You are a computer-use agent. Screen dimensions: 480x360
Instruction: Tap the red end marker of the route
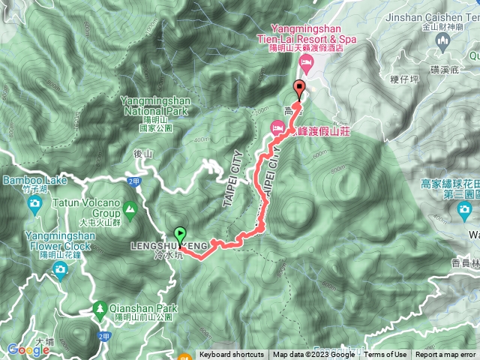pyautogui.click(x=300, y=88)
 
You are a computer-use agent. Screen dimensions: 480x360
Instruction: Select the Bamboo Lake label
pyautogui.click(x=25, y=181)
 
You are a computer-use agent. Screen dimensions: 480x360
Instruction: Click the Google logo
pyautogui.click(x=28, y=349)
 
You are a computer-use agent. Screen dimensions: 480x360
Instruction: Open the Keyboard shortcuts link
pyautogui.click(x=232, y=355)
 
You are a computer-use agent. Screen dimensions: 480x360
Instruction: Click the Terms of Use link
pyautogui.click(x=385, y=355)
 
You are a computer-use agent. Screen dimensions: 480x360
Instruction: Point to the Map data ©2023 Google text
pyautogui.click(x=313, y=355)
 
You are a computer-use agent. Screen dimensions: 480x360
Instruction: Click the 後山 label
pyautogui.click(x=142, y=153)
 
